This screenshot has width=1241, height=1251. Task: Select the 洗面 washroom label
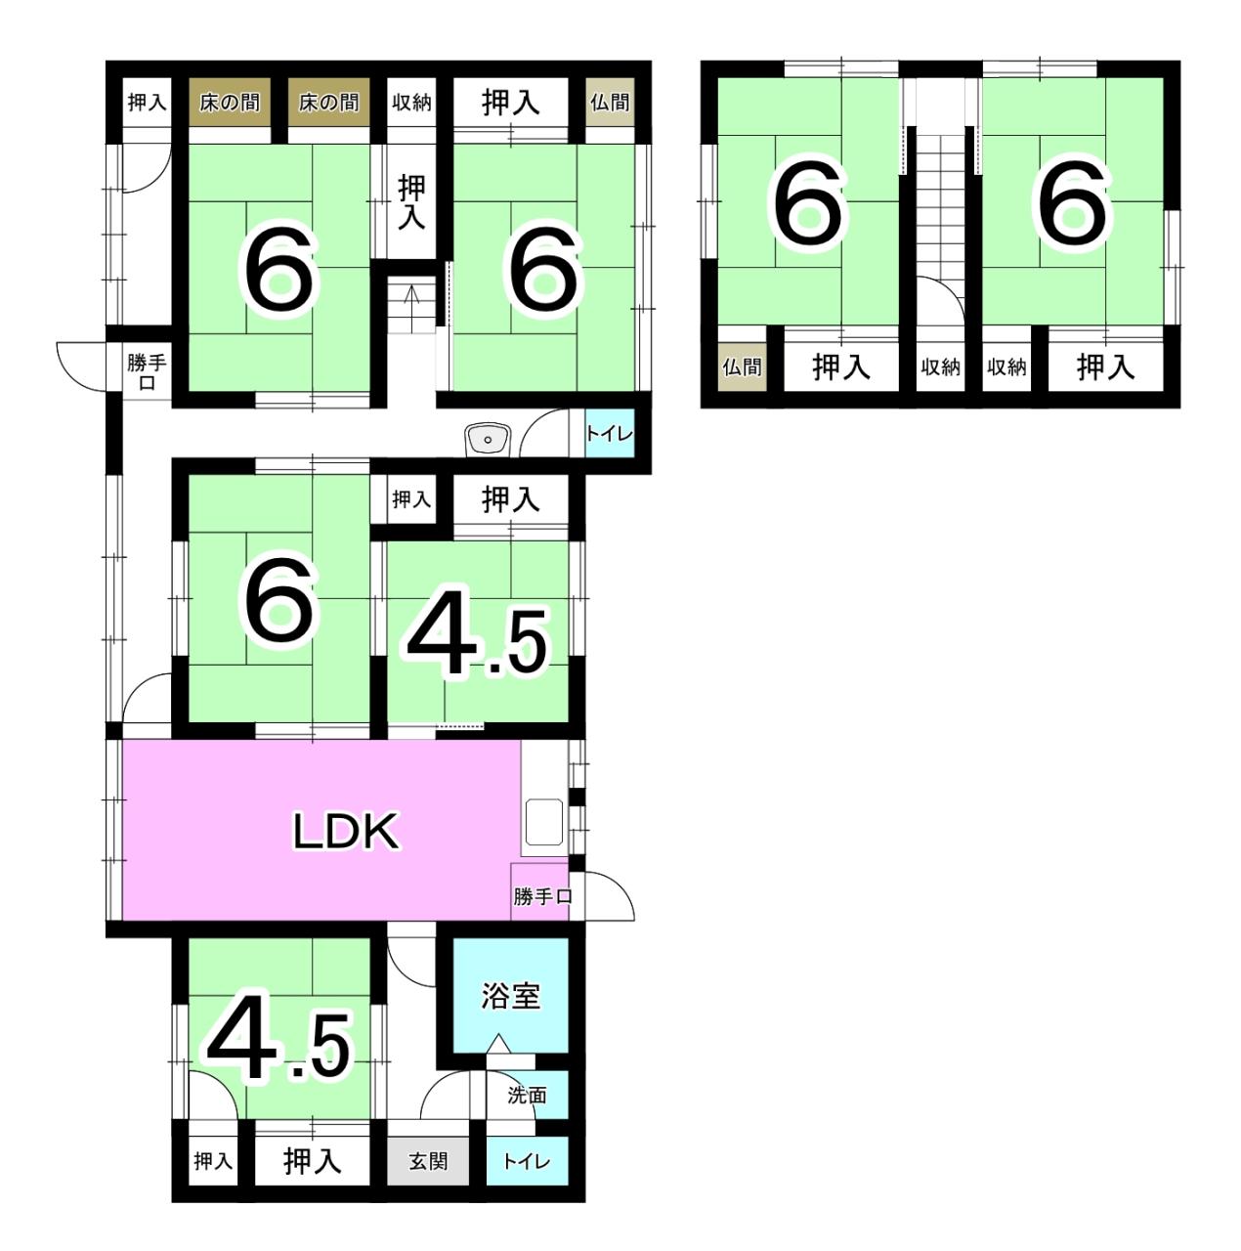pyautogui.click(x=527, y=1096)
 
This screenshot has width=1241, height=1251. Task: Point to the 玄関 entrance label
pyautogui.click(x=428, y=1161)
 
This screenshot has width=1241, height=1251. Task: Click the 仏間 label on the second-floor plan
pyautogui.click(x=742, y=367)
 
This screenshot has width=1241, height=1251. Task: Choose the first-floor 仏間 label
pyautogui.click(x=610, y=102)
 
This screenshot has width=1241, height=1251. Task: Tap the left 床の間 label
pyautogui.click(x=230, y=102)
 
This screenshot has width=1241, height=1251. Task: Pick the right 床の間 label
pyautogui.click(x=328, y=102)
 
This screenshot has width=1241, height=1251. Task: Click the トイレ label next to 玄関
pyautogui.click(x=527, y=1161)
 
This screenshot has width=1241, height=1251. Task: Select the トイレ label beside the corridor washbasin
pyautogui.click(x=609, y=433)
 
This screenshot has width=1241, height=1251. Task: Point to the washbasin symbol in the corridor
pyautogui.click(x=488, y=441)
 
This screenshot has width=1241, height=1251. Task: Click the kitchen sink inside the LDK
pyautogui.click(x=543, y=822)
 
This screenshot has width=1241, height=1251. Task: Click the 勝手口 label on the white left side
pyautogui.click(x=147, y=371)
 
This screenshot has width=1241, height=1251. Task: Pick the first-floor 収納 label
pyautogui.click(x=411, y=102)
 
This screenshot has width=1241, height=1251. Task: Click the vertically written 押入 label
pyautogui.click(x=411, y=202)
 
